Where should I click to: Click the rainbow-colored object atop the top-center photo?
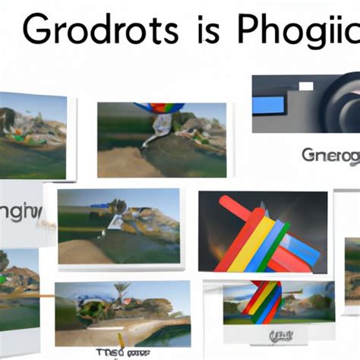[x=156, y=109]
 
